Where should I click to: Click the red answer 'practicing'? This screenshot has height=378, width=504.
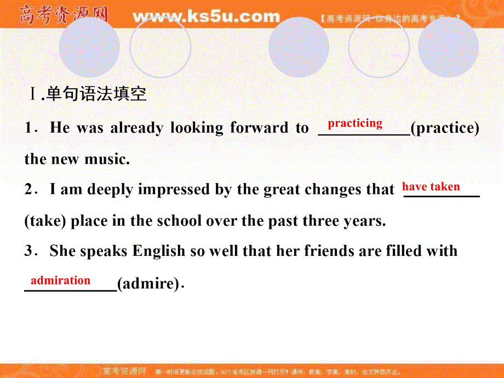[355, 123]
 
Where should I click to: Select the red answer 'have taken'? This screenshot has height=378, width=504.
[431, 187]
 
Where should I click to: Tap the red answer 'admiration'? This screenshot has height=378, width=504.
[60, 280]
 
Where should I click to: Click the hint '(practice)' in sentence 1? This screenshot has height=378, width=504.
[445, 128]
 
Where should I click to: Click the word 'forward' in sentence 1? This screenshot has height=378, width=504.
[258, 128]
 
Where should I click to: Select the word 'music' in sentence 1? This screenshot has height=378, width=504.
[106, 159]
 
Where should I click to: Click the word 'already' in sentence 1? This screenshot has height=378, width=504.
[136, 128]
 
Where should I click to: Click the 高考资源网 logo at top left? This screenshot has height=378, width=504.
[63, 15]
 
